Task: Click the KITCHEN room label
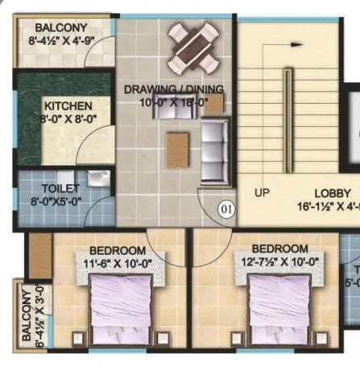(68, 106)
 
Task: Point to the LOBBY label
(332, 193)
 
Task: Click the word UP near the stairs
(262, 193)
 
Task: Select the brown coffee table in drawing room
(178, 149)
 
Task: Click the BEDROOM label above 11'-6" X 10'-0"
(118, 250)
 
